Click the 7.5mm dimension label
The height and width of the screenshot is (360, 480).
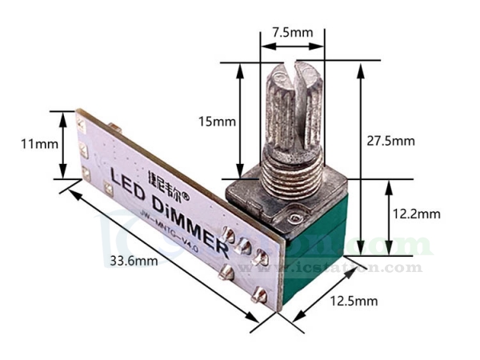292,33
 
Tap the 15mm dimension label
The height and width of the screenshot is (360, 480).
218,122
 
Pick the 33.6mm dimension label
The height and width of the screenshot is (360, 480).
129,262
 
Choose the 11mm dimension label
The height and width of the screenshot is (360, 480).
39,144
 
